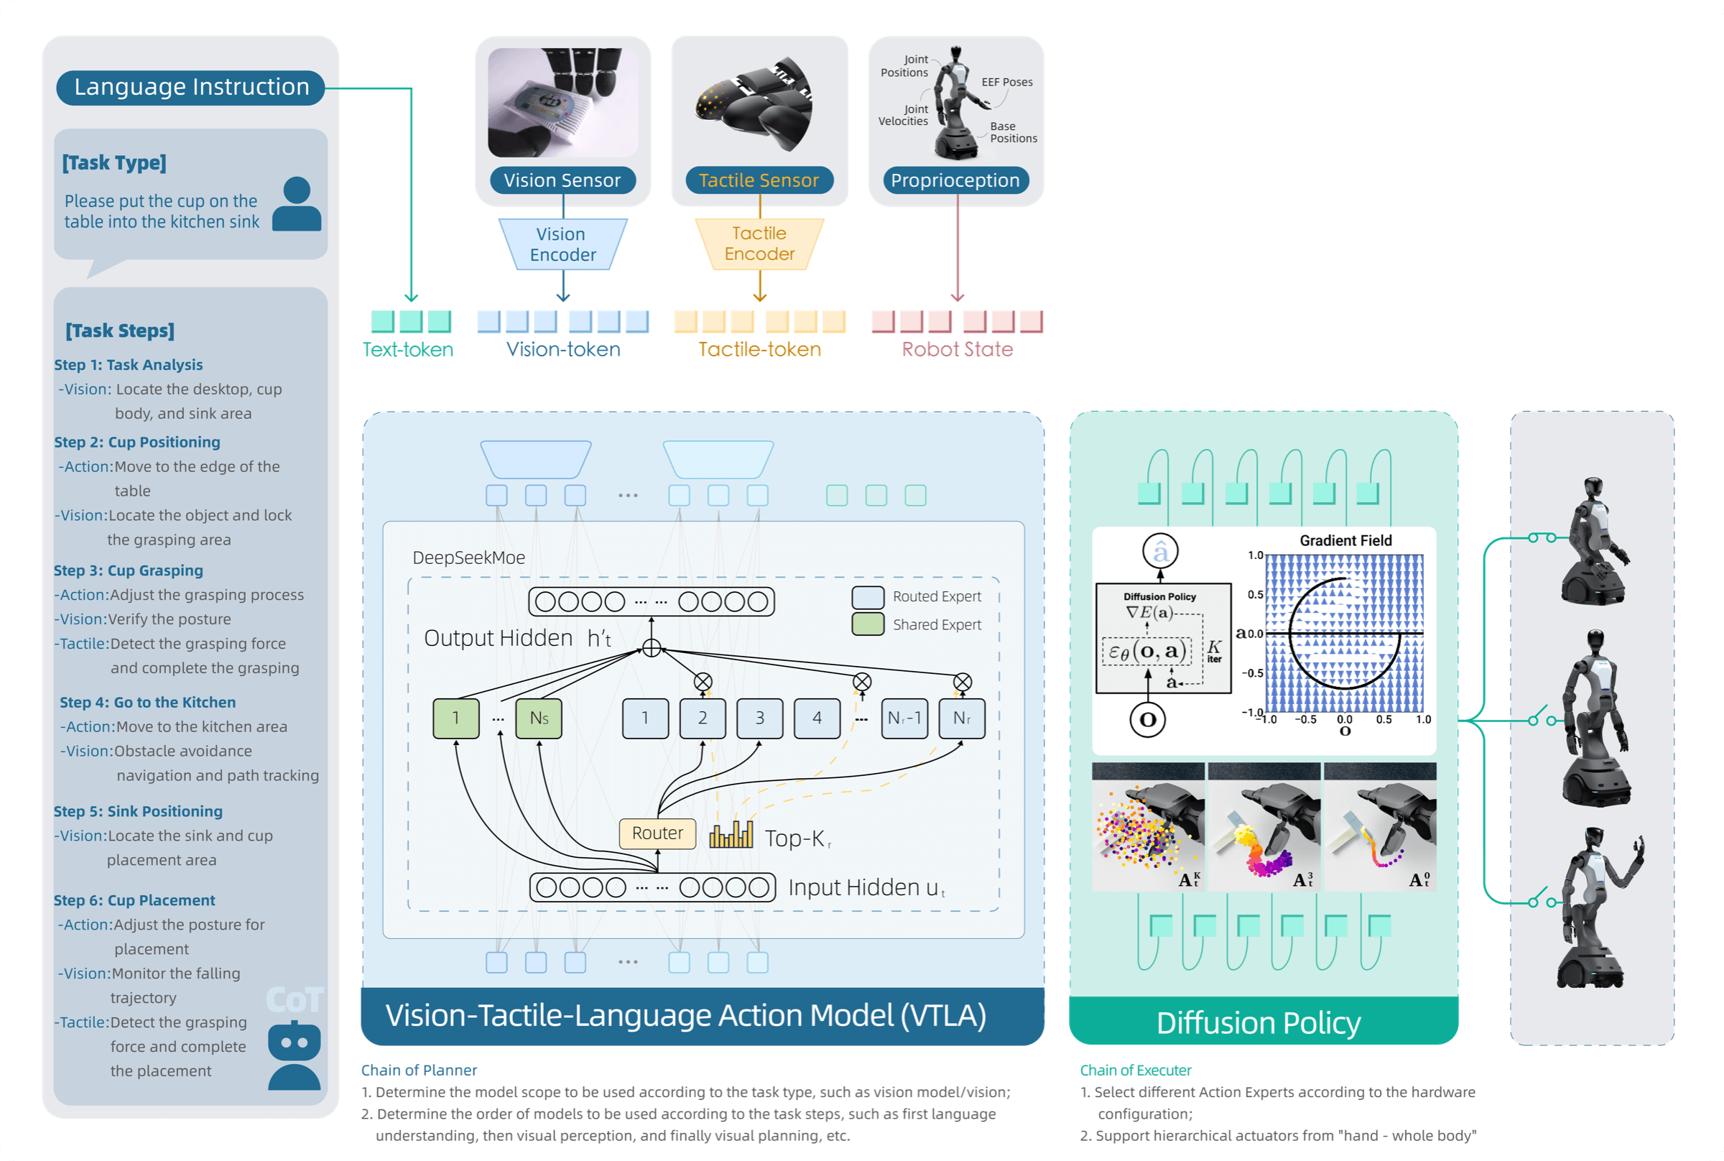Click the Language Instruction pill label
191,88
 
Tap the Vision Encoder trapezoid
562,244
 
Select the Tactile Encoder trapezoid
759,244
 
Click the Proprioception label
955,180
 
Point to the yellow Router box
657,833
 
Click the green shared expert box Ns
539,718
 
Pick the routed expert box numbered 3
759,718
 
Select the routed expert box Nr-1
904,718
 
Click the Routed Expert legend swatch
868,597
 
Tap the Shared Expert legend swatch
868,625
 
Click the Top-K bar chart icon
731,836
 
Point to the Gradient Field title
1345,541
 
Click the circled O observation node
1147,720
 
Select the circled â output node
1160,552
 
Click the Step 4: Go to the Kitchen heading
147,703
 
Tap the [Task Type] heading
114,163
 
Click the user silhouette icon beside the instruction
297,204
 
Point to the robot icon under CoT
294,1055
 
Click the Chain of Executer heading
1136,1070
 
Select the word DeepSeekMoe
468,558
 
